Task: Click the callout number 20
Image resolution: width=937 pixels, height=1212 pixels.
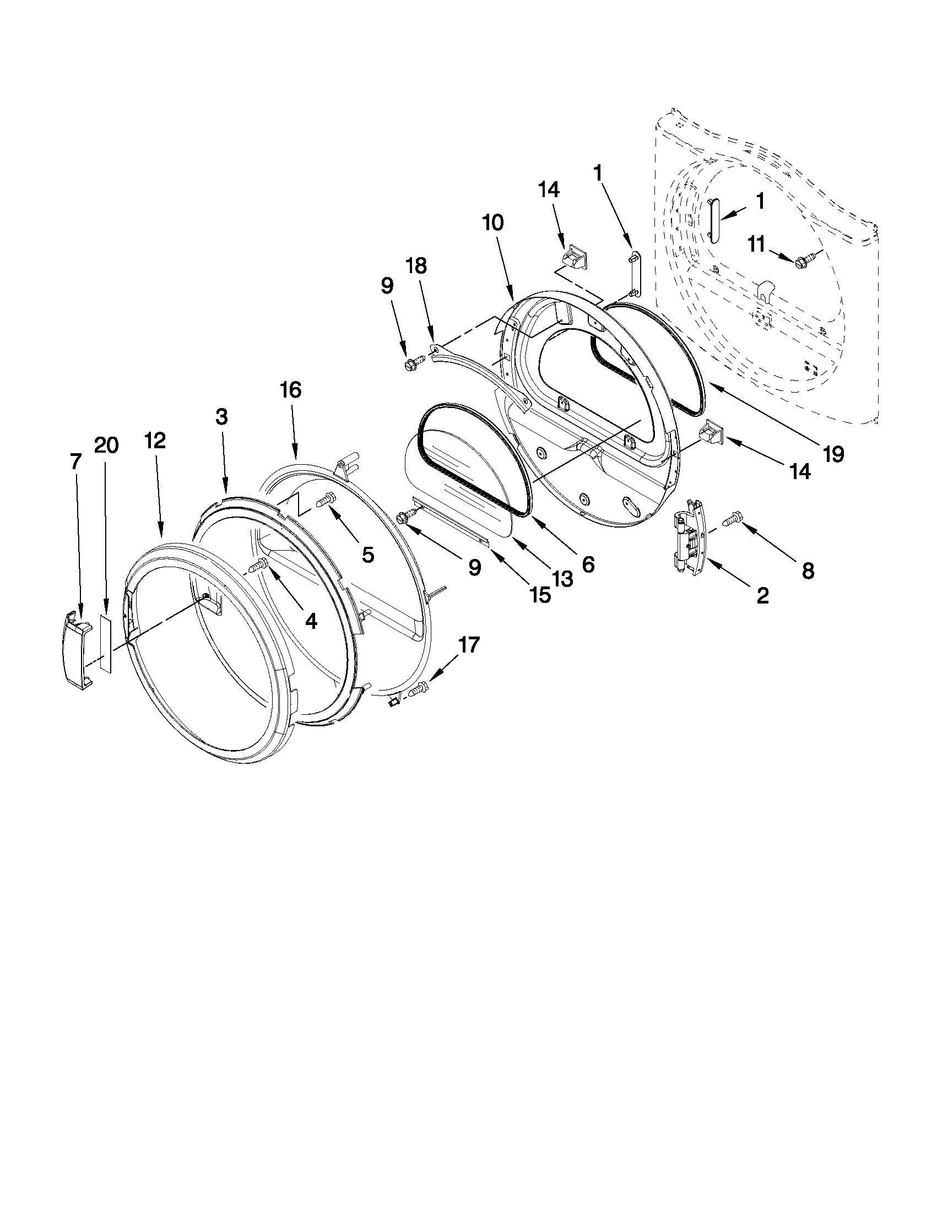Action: (x=106, y=445)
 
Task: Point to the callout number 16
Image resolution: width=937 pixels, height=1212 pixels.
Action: (x=290, y=390)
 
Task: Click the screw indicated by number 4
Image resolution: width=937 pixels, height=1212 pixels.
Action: (x=259, y=566)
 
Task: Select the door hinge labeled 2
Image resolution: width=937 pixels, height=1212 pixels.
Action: (x=690, y=536)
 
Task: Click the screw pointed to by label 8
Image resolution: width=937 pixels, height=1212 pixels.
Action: (x=732, y=520)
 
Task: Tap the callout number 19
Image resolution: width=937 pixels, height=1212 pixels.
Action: (x=833, y=454)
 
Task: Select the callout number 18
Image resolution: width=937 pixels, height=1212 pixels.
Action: (x=417, y=267)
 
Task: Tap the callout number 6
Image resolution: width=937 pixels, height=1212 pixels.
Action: (x=588, y=564)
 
